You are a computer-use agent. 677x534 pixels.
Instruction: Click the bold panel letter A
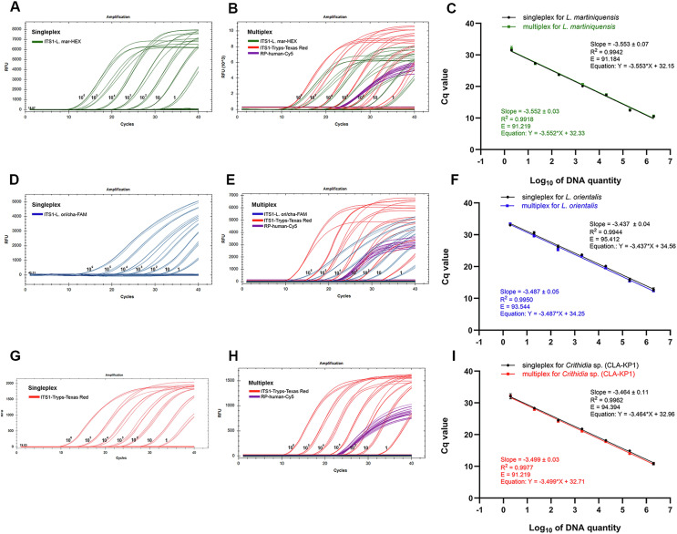click(8, 9)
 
